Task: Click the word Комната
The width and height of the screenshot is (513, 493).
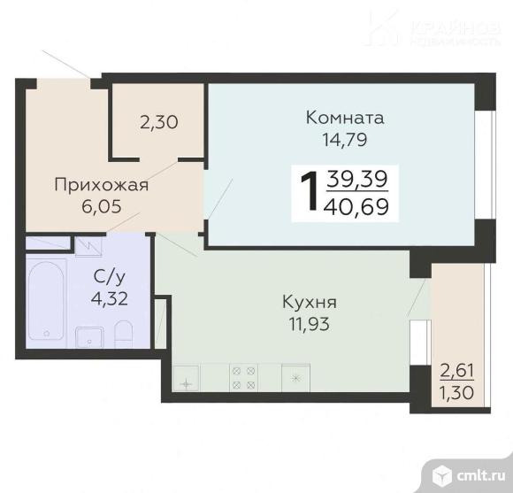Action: [x=345, y=118]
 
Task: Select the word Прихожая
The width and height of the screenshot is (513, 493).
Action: [x=101, y=186]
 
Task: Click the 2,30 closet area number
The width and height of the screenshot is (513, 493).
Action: [x=158, y=123]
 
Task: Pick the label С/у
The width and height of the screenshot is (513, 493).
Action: [x=109, y=276]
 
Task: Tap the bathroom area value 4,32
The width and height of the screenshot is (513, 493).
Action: [x=110, y=297]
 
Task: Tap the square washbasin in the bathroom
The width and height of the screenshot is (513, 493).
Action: [x=88, y=337]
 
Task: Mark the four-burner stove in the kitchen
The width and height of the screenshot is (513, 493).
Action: [x=243, y=379]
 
